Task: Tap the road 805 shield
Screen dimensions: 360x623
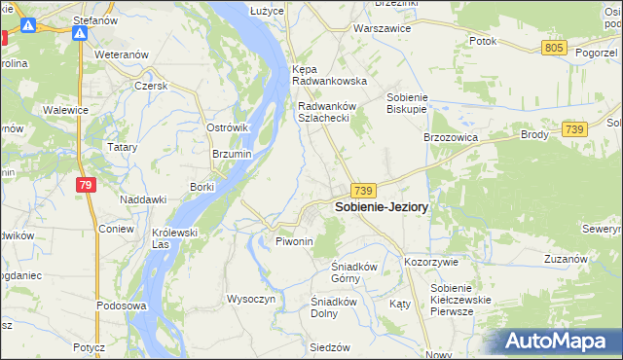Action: (555, 48)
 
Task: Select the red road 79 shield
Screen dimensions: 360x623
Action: (87, 186)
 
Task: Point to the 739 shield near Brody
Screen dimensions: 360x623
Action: (573, 129)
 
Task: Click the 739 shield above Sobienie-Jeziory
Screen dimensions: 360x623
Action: (365, 191)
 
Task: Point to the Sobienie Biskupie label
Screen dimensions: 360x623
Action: (416, 103)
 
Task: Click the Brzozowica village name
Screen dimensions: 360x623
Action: (450, 138)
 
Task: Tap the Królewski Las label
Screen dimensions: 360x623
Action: (175, 238)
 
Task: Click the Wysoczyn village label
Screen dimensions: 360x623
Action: (251, 299)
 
